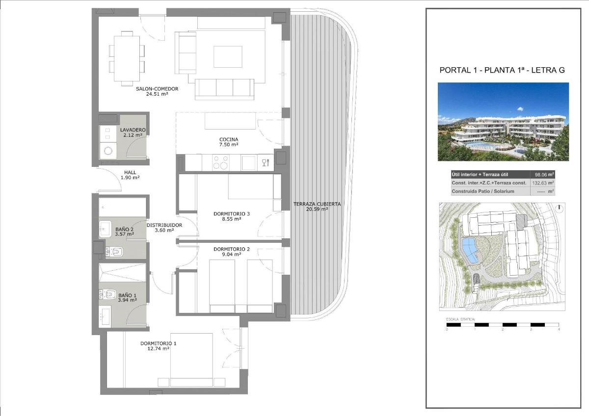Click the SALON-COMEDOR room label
coord(157,89)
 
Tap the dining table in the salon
coord(127,56)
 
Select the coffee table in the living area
coord(228,57)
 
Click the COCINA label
coord(229,139)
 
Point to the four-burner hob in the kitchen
coord(220,162)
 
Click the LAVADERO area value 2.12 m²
coord(133,135)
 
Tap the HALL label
coord(130,172)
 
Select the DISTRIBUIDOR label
coord(164,225)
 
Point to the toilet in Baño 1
coord(109,295)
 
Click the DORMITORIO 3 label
coord(232,213)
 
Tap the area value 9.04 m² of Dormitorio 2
coord(231,255)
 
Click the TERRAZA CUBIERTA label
coord(317,204)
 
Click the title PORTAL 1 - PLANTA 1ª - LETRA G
coord(502,70)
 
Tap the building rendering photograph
coord(503,122)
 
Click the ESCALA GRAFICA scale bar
coord(503,325)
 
